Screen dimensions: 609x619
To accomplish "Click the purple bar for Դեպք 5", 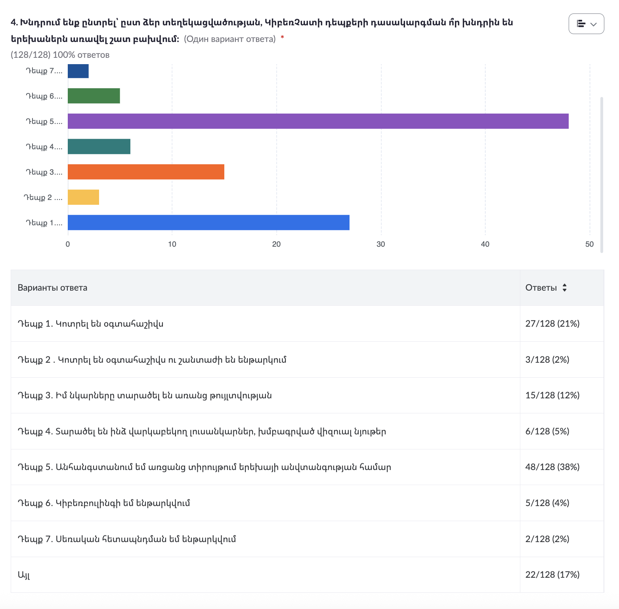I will pos(318,121).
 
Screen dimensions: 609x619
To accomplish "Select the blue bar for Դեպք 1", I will pos(208,223).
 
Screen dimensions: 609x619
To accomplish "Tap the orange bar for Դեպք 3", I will pos(146,172).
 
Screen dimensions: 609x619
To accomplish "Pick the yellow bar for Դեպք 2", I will pos(83,197).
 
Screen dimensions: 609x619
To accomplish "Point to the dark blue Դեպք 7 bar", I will pos(78,71).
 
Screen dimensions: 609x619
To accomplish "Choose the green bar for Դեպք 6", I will pos(94,96).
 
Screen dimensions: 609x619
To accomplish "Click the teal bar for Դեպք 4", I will pos(99,147).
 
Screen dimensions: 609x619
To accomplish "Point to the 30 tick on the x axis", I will pos(380,244).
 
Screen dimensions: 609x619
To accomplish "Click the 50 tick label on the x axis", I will pos(589,244).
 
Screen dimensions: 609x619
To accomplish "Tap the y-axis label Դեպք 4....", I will pos(44,147).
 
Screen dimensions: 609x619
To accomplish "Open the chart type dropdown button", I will pos(586,24).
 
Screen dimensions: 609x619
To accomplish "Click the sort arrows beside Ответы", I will pos(564,288).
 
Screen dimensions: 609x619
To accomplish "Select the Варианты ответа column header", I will pos(52,288).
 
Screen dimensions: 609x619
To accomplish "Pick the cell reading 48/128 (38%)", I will pos(552,467).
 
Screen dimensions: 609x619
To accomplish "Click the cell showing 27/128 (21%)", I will pos(552,324).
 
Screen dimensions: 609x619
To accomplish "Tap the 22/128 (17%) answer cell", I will pos(552,575).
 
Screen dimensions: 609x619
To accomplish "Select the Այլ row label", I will pos(24,575).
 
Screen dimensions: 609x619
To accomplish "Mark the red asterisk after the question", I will pos(282,37).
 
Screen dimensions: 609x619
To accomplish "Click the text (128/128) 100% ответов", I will pos(60,55).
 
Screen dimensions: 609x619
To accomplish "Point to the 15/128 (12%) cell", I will pos(552,396).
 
